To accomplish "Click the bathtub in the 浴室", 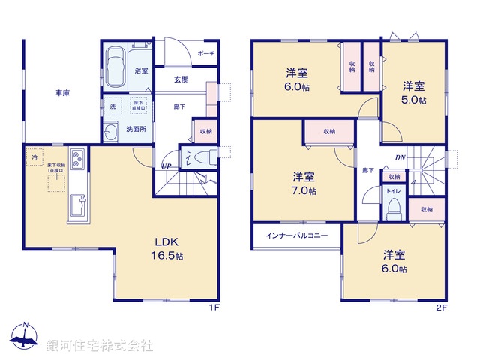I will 115,65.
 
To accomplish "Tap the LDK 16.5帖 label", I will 169,249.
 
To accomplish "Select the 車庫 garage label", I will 62,94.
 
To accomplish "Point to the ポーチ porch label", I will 206,54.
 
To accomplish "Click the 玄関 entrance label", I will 181,79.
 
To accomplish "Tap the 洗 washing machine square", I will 113,106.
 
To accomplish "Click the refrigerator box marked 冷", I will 34,157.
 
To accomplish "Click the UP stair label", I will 166,166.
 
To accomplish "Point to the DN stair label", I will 400,158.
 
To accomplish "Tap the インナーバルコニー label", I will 297,235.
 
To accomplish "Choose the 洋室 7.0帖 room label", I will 304,183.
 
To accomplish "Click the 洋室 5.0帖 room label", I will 413,92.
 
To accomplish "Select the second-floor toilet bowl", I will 393,209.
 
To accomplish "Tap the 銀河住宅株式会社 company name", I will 99,346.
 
